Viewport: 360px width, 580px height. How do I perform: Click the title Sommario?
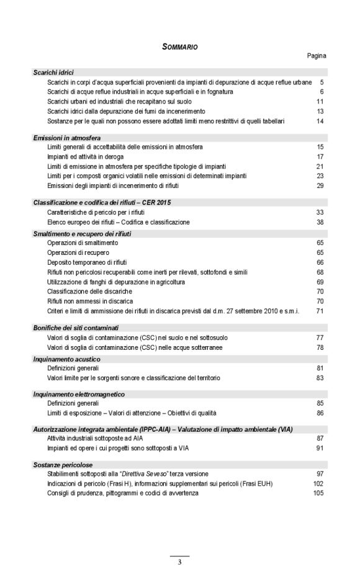pos(180,46)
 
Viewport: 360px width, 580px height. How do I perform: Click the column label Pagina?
pos(317,56)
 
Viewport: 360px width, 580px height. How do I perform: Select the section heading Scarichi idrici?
pos(53,73)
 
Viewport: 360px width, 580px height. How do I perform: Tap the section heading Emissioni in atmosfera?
pos(67,137)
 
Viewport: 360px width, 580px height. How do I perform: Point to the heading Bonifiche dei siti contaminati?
pos(76,328)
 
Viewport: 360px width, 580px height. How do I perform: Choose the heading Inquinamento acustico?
pos(66,359)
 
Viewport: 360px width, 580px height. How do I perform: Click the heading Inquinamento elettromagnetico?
pos(79,394)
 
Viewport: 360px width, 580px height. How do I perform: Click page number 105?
pos(319,493)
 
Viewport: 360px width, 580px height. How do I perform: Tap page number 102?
pos(319,483)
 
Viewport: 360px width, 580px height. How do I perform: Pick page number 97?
pos(321,474)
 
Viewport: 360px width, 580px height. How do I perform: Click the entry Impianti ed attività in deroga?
pos(85,157)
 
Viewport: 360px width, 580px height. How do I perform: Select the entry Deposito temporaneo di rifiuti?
pos(87,262)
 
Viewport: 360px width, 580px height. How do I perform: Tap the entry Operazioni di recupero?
pos(78,253)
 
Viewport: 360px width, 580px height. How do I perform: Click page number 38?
pos(321,221)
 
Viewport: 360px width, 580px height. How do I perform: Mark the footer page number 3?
pos(179,563)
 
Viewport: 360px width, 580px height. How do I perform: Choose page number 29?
pos(321,185)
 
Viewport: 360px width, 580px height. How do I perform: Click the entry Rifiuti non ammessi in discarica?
pos(91,301)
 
